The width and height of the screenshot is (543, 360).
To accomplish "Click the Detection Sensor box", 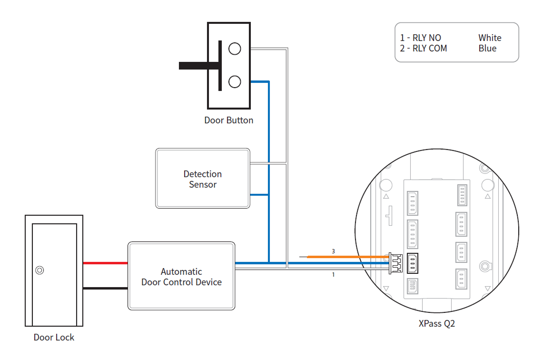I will point(202,179).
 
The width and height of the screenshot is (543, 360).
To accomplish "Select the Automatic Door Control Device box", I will point(181,276).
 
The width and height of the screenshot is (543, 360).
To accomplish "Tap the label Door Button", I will point(228,120).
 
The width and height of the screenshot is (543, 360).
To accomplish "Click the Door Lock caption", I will point(54,337).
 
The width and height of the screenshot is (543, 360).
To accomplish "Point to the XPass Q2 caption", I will point(437,324).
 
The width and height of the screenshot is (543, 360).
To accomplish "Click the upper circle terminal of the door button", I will point(235,48).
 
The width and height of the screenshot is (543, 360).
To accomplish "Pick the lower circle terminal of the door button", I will point(235,82).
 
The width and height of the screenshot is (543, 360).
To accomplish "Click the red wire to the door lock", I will point(105,263).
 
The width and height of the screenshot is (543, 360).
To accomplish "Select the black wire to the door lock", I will point(105,288).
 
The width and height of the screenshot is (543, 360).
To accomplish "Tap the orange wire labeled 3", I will point(347,257).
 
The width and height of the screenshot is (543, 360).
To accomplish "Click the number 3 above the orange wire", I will point(333,251).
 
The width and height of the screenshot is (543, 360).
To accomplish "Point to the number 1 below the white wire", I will point(333,275).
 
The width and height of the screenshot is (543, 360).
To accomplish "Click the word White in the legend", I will point(490,38).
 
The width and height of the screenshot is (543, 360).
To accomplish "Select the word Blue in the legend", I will point(487,48).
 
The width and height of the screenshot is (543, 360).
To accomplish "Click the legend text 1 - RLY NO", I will point(421,38).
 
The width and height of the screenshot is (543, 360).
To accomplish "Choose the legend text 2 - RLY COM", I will point(424,48).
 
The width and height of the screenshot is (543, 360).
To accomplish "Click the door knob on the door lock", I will point(40,270).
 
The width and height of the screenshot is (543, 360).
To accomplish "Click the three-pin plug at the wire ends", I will point(395,262).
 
